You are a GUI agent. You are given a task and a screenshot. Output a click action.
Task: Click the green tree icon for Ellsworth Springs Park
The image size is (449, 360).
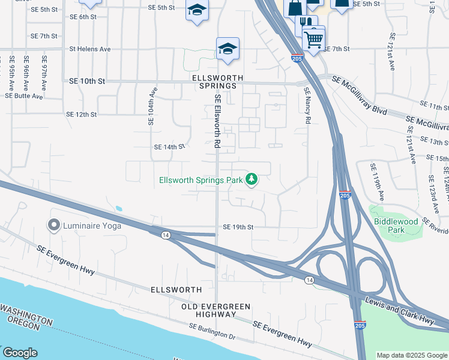(x=253, y=179)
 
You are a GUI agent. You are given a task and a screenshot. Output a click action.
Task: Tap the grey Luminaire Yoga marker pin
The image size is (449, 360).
(x=53, y=226)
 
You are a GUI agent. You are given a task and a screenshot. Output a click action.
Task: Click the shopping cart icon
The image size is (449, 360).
(x=313, y=41)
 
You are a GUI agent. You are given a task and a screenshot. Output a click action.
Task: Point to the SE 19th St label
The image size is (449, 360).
(x=238, y=227)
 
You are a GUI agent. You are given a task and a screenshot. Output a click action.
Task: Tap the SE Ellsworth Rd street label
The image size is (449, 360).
(x=218, y=122)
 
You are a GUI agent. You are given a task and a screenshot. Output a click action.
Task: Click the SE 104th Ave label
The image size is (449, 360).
(x=152, y=106)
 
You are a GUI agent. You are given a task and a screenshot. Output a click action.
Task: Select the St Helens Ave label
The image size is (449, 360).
(x=90, y=49)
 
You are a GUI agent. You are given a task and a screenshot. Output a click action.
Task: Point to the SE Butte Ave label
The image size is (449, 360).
(x=24, y=96)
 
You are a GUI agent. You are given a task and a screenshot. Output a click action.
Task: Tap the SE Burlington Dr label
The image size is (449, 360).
(x=212, y=331)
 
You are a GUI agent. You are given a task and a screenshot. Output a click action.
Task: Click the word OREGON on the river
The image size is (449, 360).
(x=25, y=327)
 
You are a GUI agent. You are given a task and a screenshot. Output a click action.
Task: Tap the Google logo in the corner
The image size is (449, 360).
(x=19, y=353)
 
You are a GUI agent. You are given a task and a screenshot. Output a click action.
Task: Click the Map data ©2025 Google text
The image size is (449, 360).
(x=412, y=355)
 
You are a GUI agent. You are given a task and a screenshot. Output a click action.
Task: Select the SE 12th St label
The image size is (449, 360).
(x=82, y=115)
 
